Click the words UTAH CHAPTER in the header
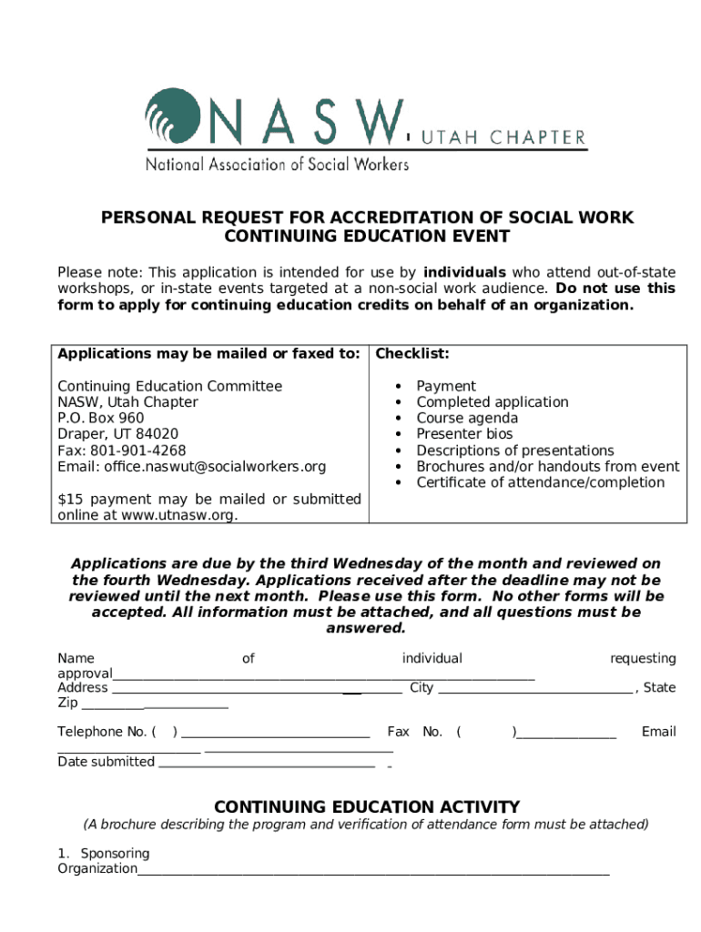click(502, 137)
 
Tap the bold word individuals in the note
click(464, 272)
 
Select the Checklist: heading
click(412, 353)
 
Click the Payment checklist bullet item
click(446, 386)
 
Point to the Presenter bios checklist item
click(464, 434)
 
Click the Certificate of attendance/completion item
click(540, 482)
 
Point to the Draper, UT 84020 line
click(117, 434)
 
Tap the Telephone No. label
click(102, 732)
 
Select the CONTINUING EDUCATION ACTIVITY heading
click(366, 807)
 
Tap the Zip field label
click(68, 704)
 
